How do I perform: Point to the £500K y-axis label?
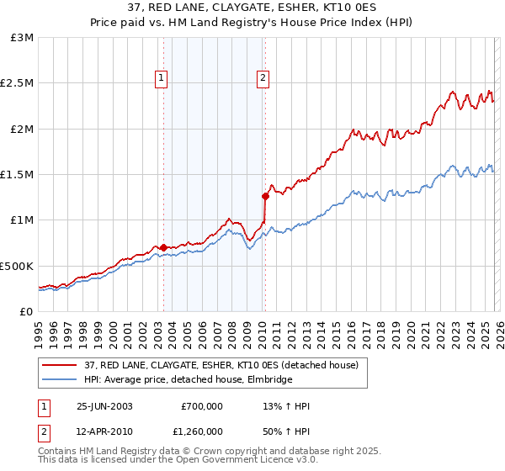pyautogui.click(x=17, y=266)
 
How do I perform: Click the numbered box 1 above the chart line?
pyautogui.click(x=161, y=79)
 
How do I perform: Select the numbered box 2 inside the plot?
pyautogui.click(x=263, y=79)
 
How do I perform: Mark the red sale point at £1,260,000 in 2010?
pyautogui.click(x=265, y=197)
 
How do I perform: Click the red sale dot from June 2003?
pyautogui.click(x=163, y=247)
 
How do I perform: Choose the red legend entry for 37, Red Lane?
pyautogui.click(x=221, y=365)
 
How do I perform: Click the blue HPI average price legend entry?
pyautogui.click(x=188, y=379)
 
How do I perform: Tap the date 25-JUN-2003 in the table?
pyautogui.click(x=104, y=406)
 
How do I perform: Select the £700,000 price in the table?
pyautogui.click(x=202, y=406)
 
